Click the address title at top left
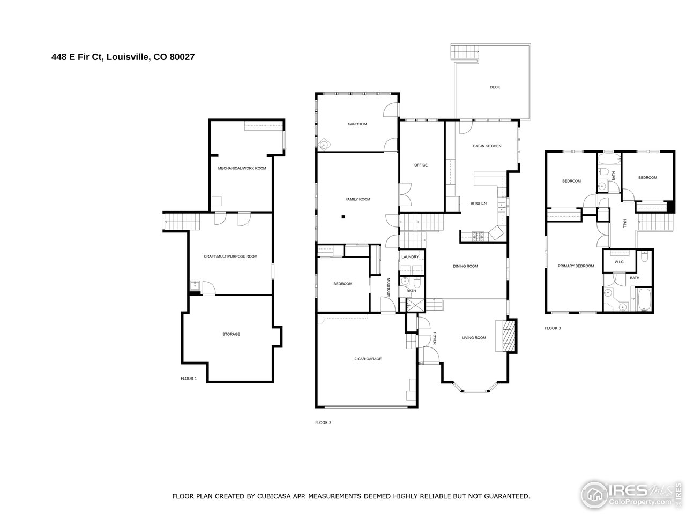pos(123,56)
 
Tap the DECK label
pos(495,87)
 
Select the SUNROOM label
pos(357,124)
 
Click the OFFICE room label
pos(421,165)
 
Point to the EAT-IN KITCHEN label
pos(487,146)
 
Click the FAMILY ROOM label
pos(357,199)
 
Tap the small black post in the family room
pos(343,217)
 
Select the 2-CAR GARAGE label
pos(368,359)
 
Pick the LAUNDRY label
pos(410,258)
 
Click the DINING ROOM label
pos(465,266)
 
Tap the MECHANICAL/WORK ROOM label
pos(242,168)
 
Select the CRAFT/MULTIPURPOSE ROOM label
pos(230,256)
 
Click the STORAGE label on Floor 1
pos(231,334)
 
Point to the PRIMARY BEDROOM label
pos(576,266)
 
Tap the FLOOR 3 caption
pos(553,328)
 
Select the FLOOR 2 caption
pos(323,422)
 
